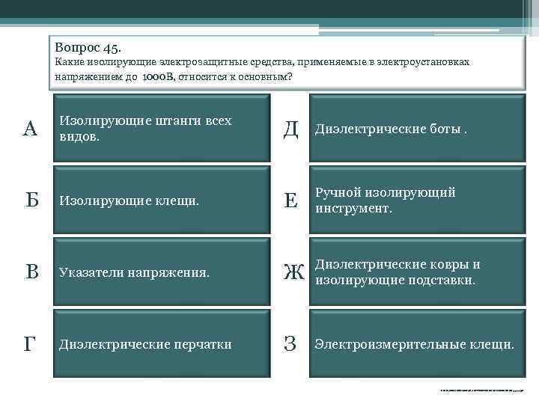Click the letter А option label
click(30, 129)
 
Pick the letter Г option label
click(30, 344)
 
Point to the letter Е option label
click(290, 201)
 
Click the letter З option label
click(290, 344)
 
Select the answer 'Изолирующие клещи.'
click(129, 201)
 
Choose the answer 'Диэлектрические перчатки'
click(145, 345)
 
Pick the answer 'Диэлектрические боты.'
click(390, 130)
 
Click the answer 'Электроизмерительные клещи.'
click(414, 345)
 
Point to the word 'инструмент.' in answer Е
click(354, 209)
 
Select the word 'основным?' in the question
click(266, 77)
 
